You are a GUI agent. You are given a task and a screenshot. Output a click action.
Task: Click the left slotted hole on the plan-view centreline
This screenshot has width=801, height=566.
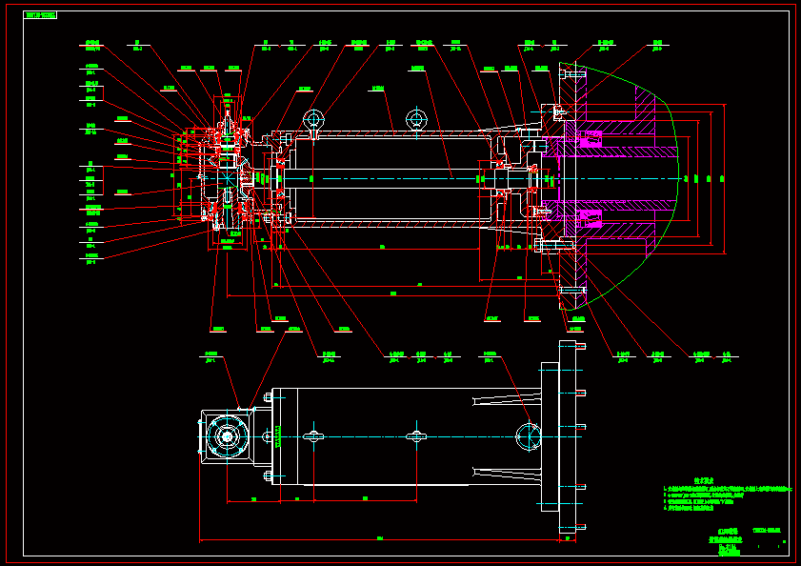coord(313,436)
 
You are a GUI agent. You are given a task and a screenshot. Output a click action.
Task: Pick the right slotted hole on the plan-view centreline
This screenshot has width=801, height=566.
coord(415,436)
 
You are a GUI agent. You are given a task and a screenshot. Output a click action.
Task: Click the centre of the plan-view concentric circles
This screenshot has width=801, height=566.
coord(227,436)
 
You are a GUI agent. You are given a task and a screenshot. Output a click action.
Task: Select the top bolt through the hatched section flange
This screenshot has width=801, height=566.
coord(573,72)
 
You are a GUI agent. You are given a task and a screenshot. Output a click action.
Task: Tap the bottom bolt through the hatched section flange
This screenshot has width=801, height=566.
coord(573,289)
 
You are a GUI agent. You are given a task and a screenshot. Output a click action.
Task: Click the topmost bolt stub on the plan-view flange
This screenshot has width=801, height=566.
coord(579,369)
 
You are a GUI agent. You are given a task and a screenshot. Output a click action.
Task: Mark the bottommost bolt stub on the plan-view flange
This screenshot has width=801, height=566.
coord(579,526)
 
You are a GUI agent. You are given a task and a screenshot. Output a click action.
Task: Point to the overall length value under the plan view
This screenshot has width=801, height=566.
coord(379,538)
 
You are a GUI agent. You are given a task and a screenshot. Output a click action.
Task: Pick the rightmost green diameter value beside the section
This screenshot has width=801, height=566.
coord(721,178)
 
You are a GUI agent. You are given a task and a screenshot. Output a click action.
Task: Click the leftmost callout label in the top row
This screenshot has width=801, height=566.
coord(92,44)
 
